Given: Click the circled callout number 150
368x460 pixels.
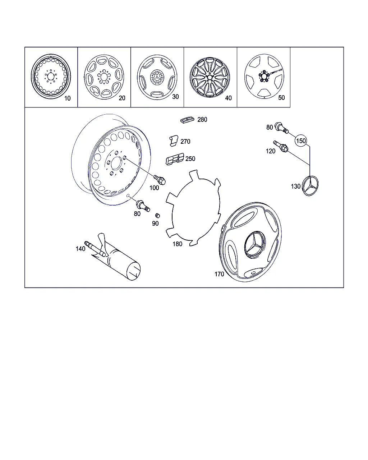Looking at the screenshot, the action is [301, 141].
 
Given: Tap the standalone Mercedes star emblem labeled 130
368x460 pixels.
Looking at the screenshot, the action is [310, 185].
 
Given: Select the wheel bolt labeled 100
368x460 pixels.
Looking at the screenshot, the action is [160, 180].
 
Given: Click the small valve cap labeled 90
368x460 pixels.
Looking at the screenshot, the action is [157, 216].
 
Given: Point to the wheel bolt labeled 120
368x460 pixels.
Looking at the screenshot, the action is [281, 146].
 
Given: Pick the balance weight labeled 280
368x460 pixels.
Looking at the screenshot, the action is [187, 120].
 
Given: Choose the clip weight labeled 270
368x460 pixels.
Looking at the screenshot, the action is [174, 141].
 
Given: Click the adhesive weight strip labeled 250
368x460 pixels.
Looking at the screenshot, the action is [175, 159].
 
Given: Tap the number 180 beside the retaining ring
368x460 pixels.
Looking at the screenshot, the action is [177, 244].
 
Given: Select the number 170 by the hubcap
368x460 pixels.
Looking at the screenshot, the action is [219, 274].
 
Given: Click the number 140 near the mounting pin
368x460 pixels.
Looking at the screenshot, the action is [80, 249].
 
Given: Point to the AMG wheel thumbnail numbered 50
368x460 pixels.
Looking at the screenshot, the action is [264, 76].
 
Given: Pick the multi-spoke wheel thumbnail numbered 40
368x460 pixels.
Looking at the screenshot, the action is [210, 77].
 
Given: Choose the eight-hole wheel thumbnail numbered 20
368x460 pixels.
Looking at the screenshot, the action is [104, 77].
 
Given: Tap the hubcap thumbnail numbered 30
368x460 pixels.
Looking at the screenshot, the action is [157, 77].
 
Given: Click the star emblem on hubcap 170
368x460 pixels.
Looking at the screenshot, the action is [255, 244].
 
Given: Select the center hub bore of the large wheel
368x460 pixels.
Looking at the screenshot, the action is [116, 164].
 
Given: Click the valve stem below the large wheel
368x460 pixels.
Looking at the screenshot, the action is [143, 206].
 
